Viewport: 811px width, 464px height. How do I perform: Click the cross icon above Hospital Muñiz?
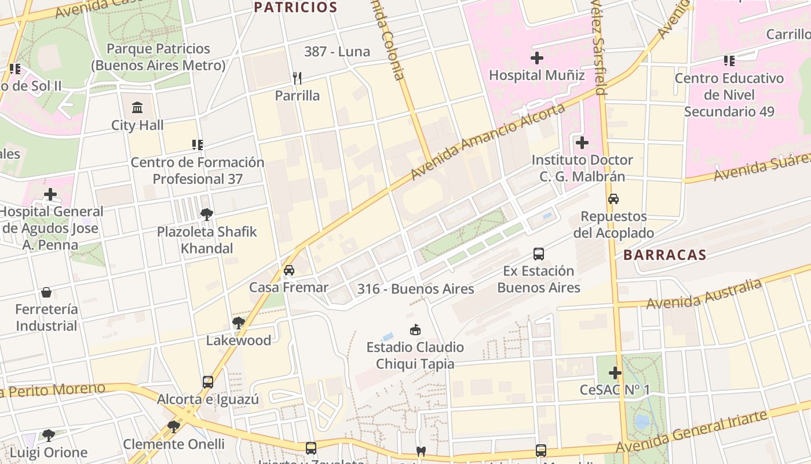537,58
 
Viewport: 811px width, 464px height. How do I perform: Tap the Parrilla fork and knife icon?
297,78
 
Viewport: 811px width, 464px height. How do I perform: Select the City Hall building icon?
138,108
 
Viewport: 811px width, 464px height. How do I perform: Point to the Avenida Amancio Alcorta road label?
488,142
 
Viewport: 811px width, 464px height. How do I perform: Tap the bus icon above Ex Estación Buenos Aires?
539,254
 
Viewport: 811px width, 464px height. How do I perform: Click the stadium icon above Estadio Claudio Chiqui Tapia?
415,330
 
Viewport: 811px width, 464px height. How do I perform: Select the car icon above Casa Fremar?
288,270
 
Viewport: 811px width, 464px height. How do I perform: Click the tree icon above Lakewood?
238,323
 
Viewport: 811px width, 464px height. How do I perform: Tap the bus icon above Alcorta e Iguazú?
208,382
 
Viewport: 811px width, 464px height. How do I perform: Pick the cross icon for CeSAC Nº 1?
615,373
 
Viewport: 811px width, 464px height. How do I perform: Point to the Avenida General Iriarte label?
692,432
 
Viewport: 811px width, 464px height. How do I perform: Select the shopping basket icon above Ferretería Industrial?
46,292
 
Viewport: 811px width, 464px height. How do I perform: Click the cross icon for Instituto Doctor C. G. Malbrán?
582,143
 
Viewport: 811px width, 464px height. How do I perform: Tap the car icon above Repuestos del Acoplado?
613,199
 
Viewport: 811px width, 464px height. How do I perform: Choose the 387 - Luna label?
337,52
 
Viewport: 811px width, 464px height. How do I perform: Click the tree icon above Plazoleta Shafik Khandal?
207,215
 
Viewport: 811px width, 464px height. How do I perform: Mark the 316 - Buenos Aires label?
415,289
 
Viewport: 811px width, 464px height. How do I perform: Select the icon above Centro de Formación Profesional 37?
198,145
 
